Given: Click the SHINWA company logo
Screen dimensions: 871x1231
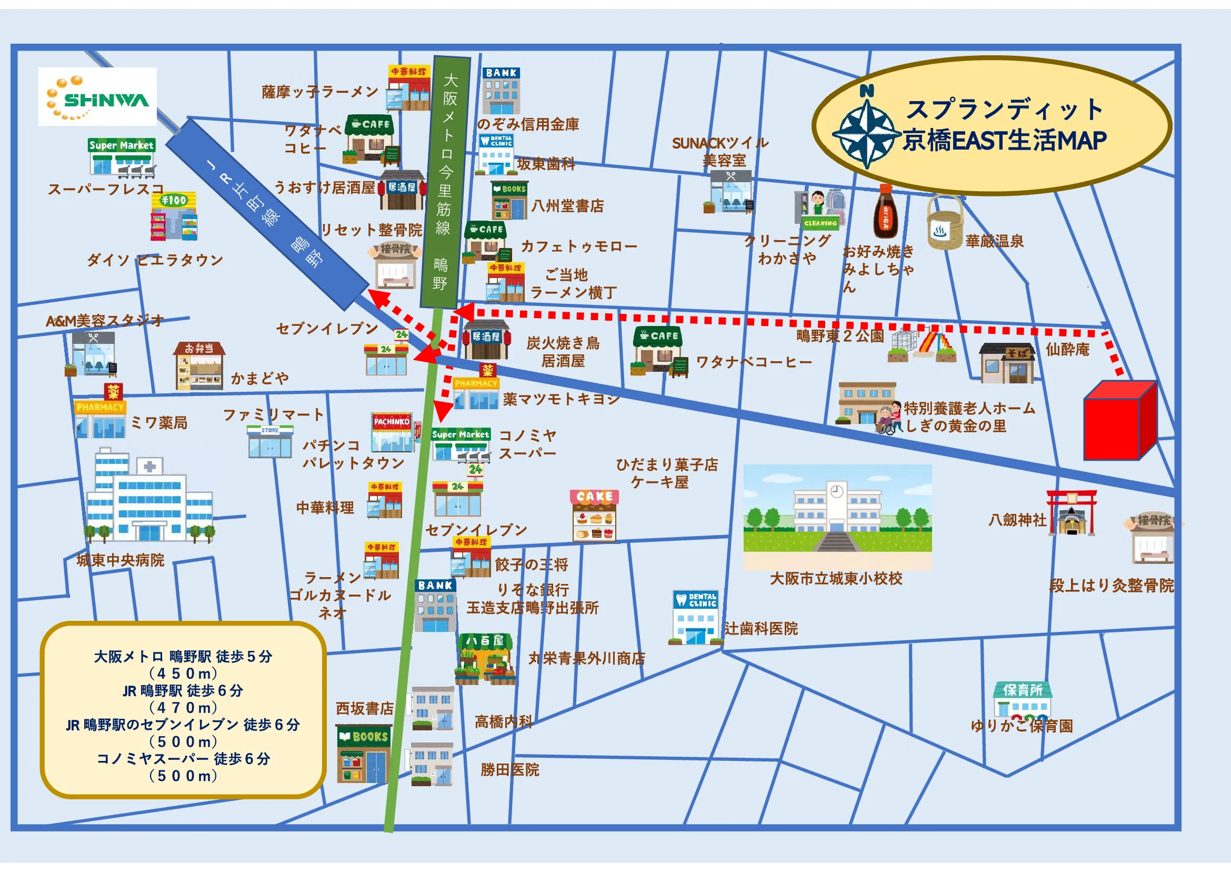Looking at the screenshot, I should click(97, 96).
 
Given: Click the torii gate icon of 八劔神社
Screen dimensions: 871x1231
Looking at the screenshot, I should click(1071, 513).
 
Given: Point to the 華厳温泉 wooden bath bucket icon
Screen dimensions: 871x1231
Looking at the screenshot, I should click(945, 222).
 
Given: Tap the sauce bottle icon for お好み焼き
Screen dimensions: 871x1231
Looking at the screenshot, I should click(885, 211).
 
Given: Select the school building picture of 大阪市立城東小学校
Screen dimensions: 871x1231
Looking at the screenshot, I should click(837, 509).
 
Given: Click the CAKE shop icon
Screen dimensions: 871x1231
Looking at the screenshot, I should click(594, 515).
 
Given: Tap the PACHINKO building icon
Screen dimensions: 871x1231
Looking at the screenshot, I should click(393, 432).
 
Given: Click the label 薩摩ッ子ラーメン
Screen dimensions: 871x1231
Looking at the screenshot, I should click(320, 92).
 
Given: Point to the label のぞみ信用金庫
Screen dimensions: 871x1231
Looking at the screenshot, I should click(528, 124).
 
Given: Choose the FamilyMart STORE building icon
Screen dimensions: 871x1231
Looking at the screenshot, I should click(270, 441).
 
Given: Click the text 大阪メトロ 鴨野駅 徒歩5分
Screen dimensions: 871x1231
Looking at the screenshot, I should click(183, 657).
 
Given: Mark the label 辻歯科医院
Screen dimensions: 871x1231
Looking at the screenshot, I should click(761, 629).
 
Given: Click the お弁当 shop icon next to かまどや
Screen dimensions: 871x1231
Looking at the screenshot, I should click(199, 366).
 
